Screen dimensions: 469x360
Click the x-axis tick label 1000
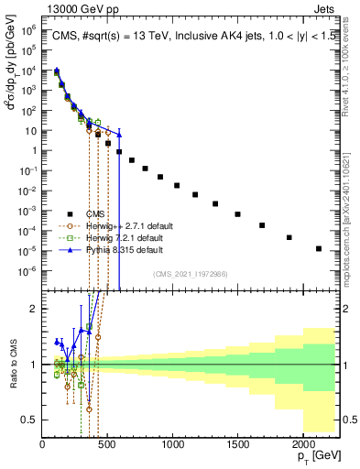(x=172, y=445)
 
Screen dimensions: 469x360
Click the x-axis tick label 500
(x=107, y=445)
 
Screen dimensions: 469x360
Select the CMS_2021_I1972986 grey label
(x=190, y=274)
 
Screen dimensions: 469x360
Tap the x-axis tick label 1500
(x=237, y=445)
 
